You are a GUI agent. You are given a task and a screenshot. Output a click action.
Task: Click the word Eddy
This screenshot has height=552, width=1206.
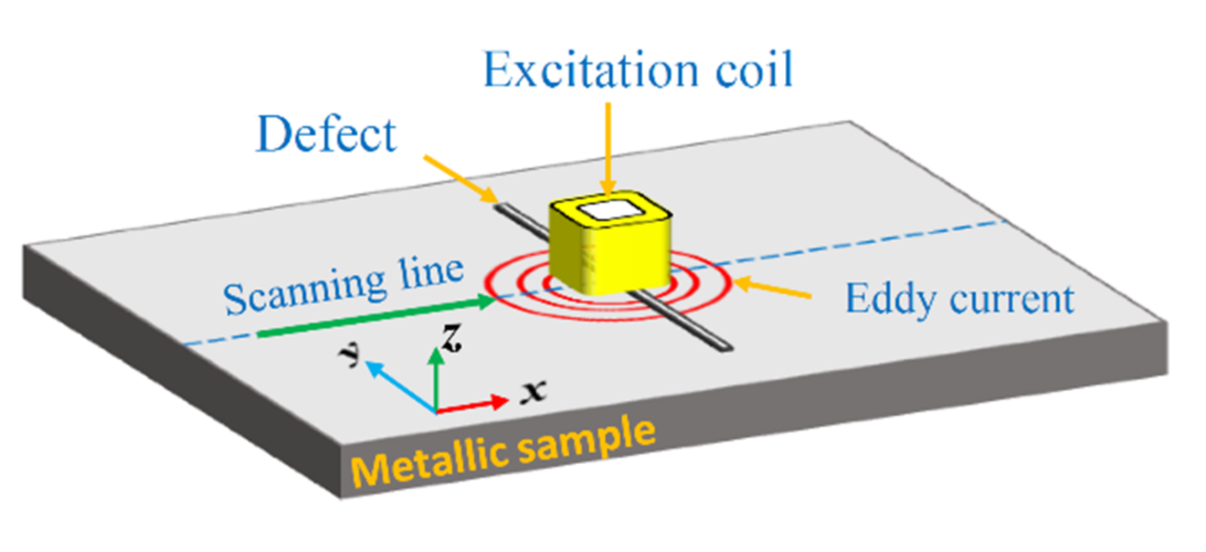(888, 299)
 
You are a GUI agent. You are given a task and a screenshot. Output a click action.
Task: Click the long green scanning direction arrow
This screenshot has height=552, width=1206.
(375, 317)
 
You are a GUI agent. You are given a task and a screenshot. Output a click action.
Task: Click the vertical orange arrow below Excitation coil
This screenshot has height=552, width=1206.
(608, 149)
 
